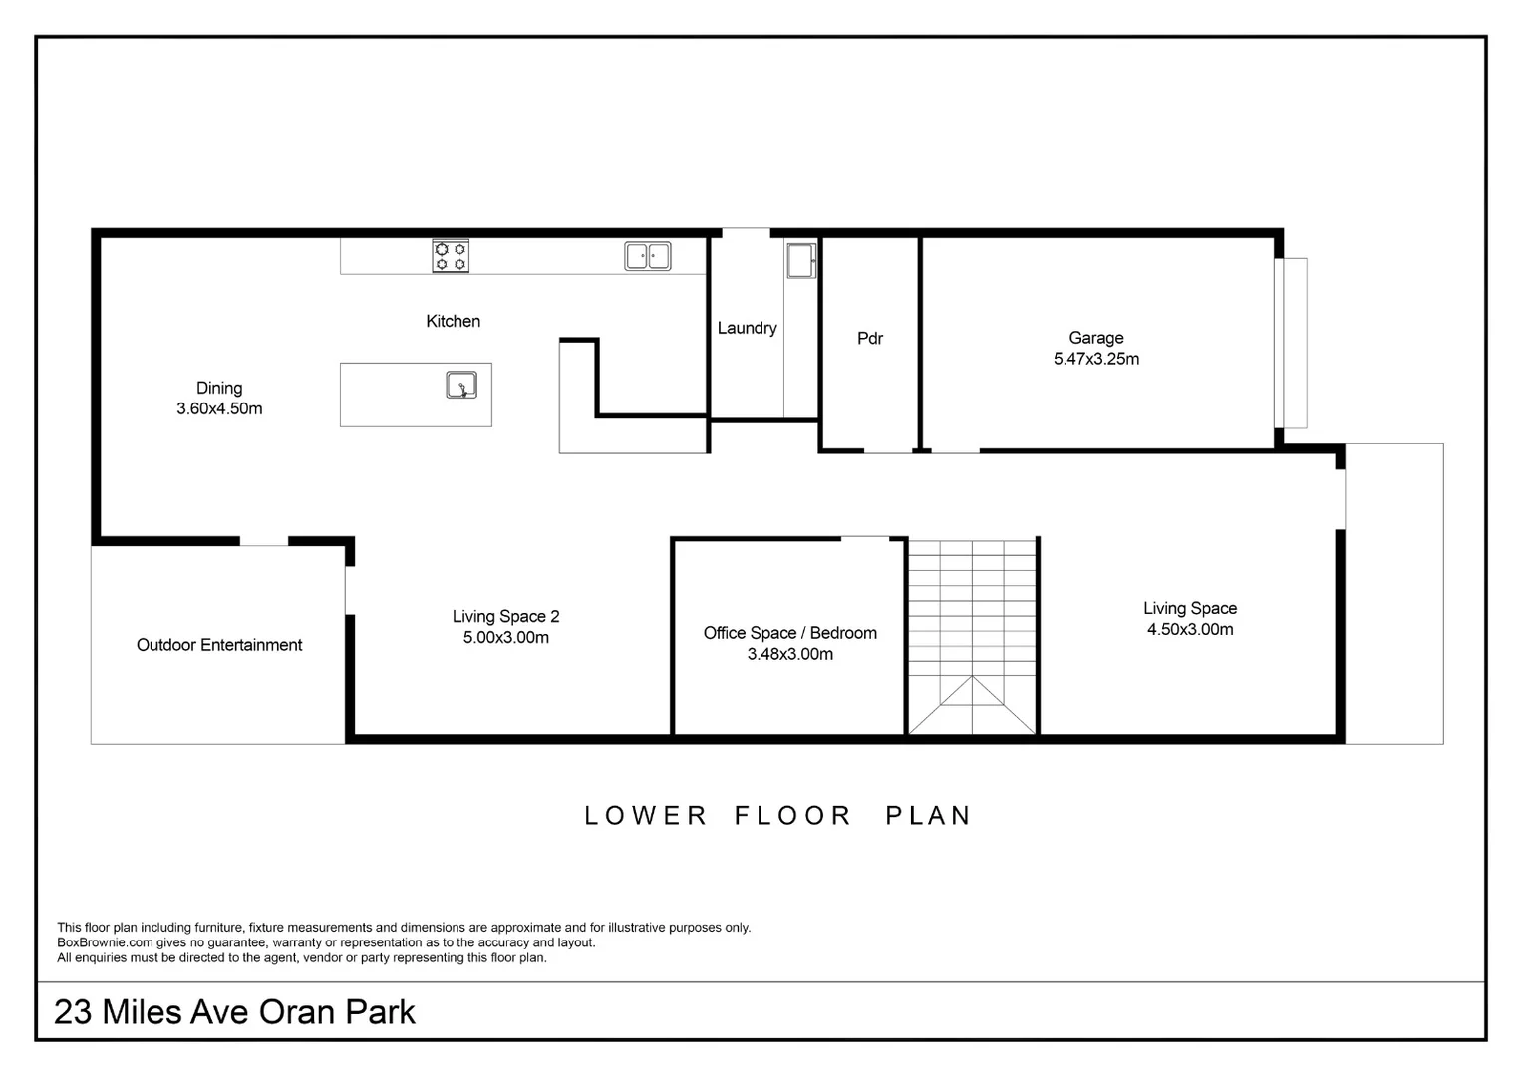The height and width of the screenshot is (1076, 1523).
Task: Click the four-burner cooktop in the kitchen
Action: (451, 256)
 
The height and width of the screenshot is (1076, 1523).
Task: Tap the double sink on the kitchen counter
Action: (648, 256)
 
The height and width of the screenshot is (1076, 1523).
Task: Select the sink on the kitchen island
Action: (461, 385)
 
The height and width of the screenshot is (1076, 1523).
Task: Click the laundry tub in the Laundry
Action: (801, 260)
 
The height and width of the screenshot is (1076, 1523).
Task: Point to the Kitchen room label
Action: (453, 321)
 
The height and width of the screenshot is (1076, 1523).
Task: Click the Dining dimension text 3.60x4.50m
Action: (219, 408)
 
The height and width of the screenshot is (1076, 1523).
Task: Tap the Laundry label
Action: (747, 328)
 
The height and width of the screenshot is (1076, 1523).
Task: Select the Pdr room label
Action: (870, 338)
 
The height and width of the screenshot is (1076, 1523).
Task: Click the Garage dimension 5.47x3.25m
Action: (1096, 359)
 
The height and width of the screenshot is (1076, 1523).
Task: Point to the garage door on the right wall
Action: (1291, 343)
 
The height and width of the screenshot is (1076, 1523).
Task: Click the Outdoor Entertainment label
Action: (219, 645)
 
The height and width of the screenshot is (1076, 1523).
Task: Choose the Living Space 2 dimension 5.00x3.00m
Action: (505, 638)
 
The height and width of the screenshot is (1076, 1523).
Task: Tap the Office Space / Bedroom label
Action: (789, 633)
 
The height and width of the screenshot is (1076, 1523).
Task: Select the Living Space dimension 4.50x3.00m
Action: (1190, 630)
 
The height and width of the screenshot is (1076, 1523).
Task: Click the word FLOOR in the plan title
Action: (793, 816)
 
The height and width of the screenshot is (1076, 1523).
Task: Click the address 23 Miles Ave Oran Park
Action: (234, 1012)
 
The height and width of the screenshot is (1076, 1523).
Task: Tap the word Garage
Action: (1096, 338)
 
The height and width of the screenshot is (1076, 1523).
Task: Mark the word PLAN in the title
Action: (928, 816)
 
